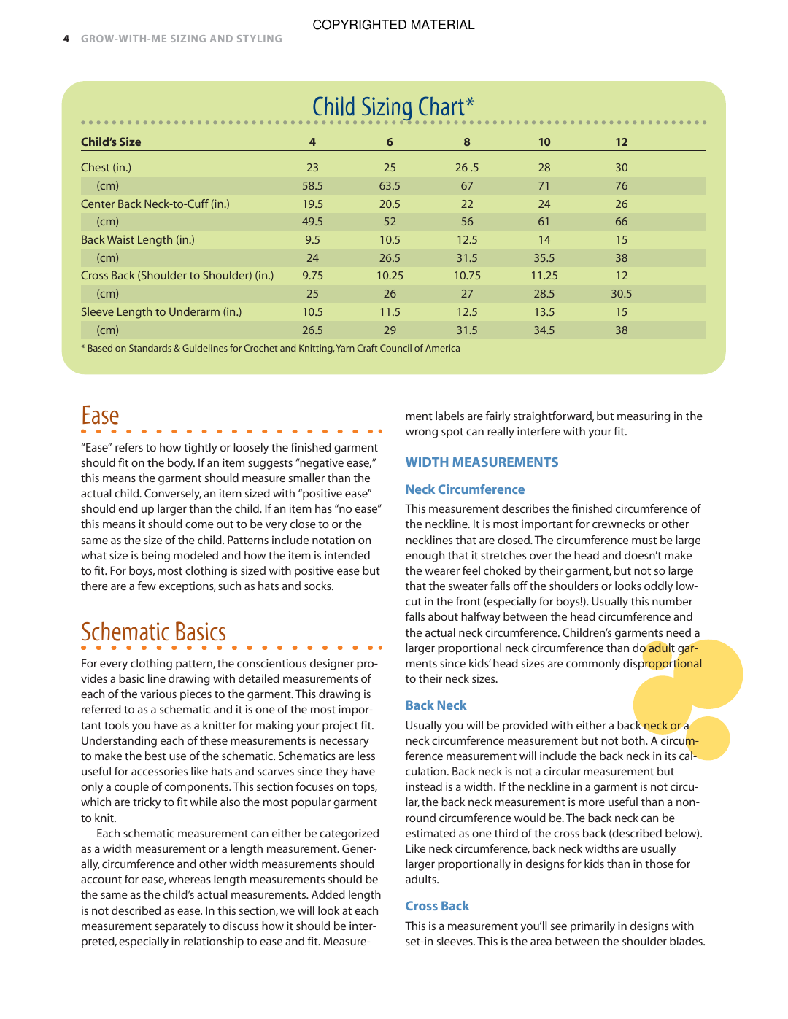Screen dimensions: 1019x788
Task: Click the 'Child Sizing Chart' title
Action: pyautogui.click(x=393, y=106)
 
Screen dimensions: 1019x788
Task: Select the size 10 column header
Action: pyautogui.click(x=544, y=142)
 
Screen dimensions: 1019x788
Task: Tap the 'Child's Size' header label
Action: pyautogui.click(x=111, y=142)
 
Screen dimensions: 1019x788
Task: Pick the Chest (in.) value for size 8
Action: pyautogui.click(x=467, y=168)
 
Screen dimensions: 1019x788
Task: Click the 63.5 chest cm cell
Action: pyautogui.click(x=390, y=186)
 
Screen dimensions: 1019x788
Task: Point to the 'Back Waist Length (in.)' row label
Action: pyautogui.click(x=138, y=240)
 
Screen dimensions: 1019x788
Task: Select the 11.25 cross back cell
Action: pyautogui.click(x=544, y=276)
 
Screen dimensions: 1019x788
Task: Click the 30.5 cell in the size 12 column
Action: pyautogui.click(x=621, y=294)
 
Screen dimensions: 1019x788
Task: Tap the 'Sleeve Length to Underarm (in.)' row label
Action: pyautogui.click(x=161, y=312)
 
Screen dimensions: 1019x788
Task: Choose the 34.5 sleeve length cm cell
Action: pyautogui.click(x=544, y=330)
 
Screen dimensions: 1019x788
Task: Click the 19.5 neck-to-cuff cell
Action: pyautogui.click(x=312, y=204)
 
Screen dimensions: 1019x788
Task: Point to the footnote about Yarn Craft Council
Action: pyautogui.click(x=271, y=349)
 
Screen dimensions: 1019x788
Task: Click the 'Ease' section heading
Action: pyautogui.click(x=100, y=416)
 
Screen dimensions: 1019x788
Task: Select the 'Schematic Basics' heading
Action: pyautogui.click(x=153, y=632)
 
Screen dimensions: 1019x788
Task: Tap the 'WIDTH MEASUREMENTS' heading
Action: pyautogui.click(x=482, y=462)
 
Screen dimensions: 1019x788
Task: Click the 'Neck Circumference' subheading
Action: pyautogui.click(x=465, y=489)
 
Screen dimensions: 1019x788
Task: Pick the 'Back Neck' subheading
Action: pyautogui.click(x=436, y=705)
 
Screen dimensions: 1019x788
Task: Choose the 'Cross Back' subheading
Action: pyautogui.click(x=437, y=906)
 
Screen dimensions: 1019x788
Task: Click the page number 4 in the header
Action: pyautogui.click(x=66, y=39)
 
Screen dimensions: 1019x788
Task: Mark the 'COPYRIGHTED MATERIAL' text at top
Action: pyautogui.click(x=393, y=25)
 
